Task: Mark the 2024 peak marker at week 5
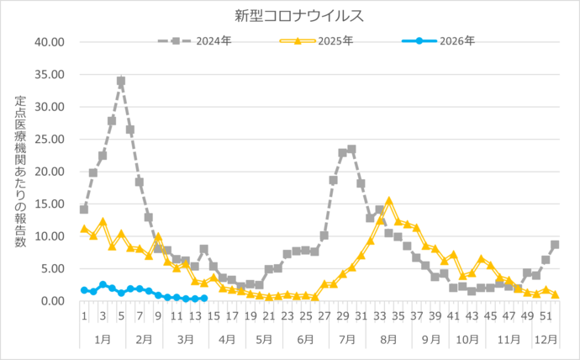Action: (x=121, y=82)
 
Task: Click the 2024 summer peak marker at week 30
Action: (x=351, y=149)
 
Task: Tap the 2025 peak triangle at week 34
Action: (x=388, y=201)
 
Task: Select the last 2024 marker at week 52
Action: (x=555, y=245)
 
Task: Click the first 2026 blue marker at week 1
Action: (x=84, y=290)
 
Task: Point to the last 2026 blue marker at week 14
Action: (x=203, y=298)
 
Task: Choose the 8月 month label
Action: (x=388, y=340)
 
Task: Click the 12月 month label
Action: (x=546, y=340)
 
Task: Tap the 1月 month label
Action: (x=102, y=340)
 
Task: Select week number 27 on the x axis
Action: (x=324, y=317)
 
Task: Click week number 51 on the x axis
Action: (x=546, y=317)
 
